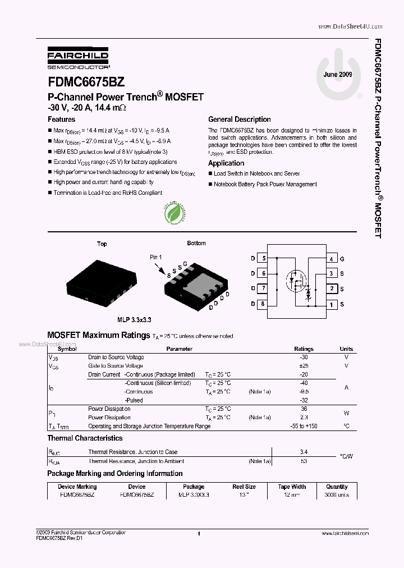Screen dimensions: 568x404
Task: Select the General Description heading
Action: click(240, 120)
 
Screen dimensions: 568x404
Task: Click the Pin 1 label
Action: click(155, 257)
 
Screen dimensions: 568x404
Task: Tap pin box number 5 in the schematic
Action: click(263, 259)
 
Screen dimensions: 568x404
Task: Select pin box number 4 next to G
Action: click(332, 259)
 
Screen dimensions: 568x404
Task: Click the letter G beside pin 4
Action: click(342, 259)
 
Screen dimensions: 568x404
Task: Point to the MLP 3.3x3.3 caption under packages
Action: click(134, 319)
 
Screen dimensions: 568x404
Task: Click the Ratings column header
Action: click(304, 349)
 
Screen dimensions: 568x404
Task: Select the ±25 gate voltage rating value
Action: click(304, 366)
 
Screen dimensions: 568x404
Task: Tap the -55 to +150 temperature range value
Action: click(304, 427)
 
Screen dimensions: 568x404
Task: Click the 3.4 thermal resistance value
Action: click(304, 452)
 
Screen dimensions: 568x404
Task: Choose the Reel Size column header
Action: click(244, 487)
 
